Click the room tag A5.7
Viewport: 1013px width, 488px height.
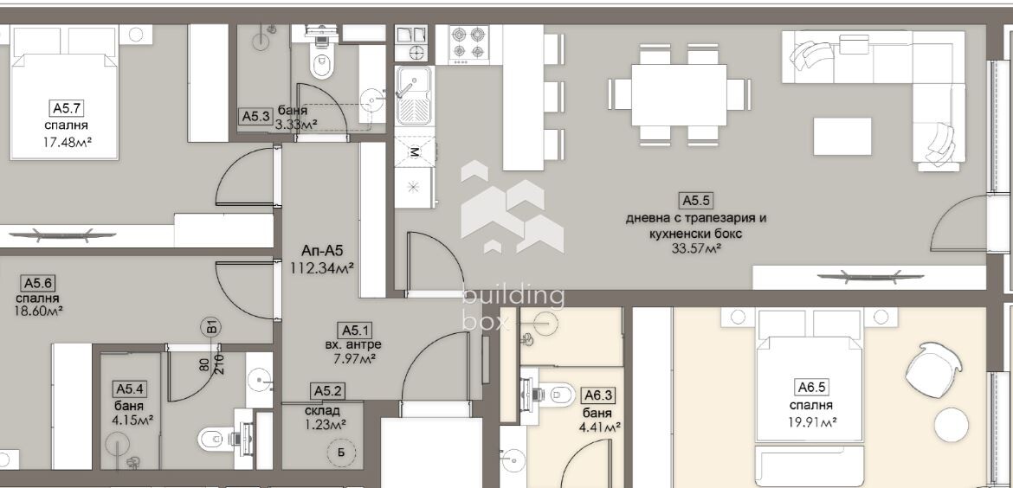pos(66,108)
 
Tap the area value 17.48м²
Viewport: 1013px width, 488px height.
pos(67,142)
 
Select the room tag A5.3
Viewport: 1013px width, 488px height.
pos(255,116)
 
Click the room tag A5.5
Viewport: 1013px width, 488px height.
pos(697,201)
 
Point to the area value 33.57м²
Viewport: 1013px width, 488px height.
pos(696,247)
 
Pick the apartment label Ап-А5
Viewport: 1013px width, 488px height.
pos(322,250)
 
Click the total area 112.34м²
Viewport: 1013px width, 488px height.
pos(322,268)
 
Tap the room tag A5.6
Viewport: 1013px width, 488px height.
pos(37,283)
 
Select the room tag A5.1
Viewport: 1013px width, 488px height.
pos(352,331)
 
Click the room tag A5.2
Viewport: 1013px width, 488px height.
pos(327,390)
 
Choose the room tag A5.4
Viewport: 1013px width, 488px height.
pos(128,389)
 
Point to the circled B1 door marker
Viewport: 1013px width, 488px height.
pos(210,327)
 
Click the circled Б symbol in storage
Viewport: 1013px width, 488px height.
pos(341,452)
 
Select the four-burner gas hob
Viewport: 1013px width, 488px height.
pos(468,44)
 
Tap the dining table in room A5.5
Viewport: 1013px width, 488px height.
pos(678,95)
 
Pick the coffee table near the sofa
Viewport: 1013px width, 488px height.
pos(842,136)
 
